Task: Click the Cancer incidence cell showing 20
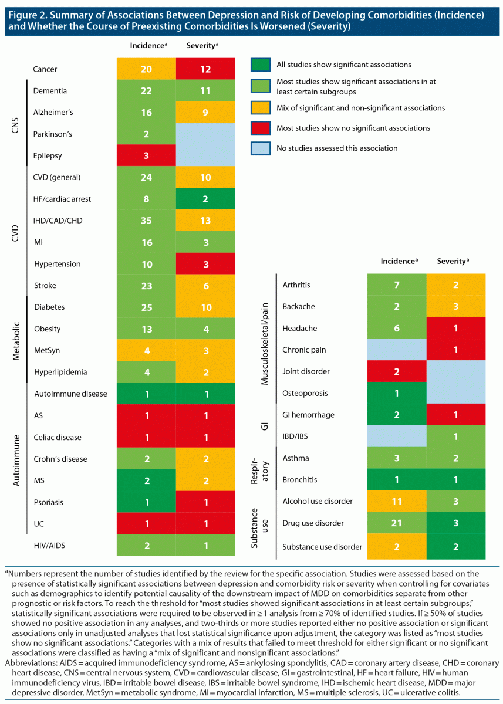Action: [147, 69]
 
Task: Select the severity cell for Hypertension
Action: [206, 264]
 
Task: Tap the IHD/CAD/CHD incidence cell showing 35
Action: [147, 221]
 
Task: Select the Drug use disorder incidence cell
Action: [396, 523]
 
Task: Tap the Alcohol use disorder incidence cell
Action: [396, 501]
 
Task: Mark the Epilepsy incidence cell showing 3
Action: [147, 155]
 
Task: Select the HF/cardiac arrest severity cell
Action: [206, 199]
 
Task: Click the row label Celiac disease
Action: [57, 437]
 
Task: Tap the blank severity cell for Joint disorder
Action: [456, 371]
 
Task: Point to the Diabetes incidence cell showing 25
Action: [147, 307]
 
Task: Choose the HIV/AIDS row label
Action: [49, 545]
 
